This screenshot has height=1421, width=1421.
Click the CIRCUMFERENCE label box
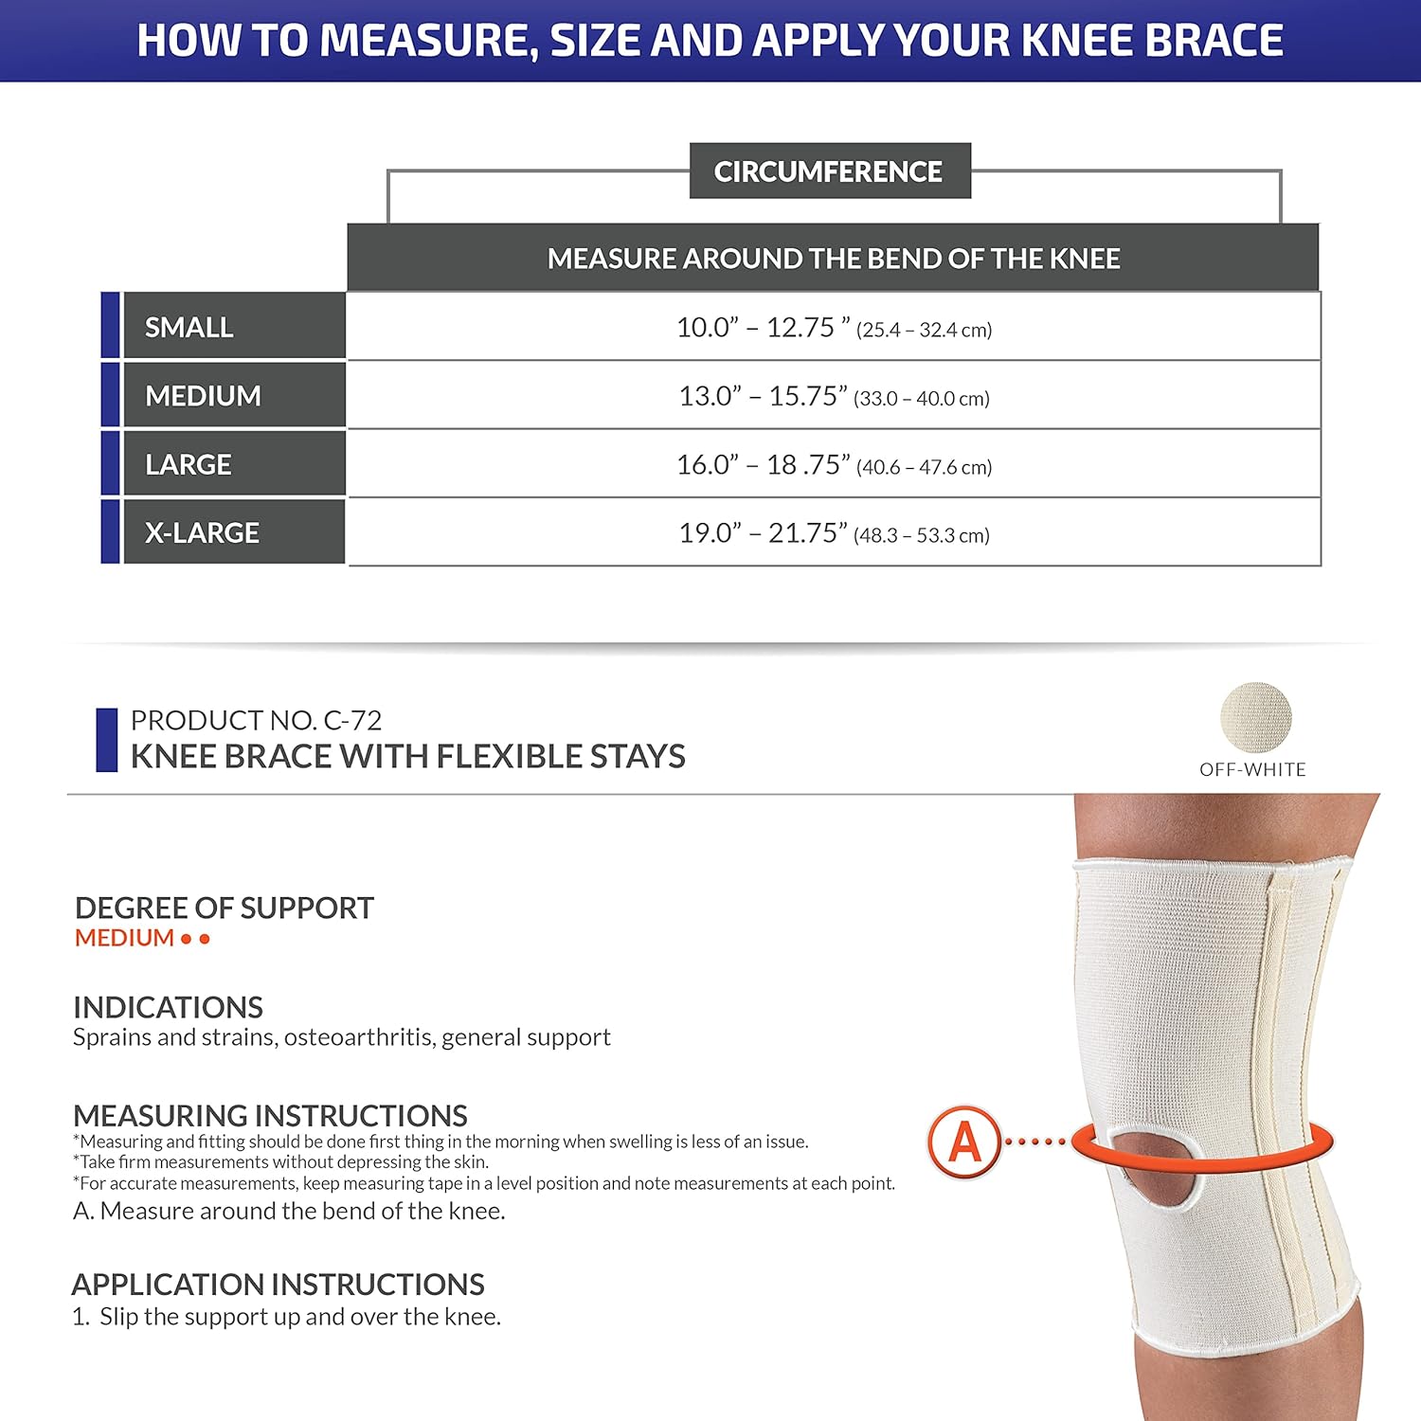(x=829, y=171)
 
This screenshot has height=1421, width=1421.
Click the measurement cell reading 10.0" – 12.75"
(x=834, y=328)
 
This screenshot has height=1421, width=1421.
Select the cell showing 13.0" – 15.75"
(x=834, y=396)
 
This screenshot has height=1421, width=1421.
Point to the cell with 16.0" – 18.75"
(x=834, y=465)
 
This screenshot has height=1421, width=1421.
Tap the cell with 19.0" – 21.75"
(x=834, y=533)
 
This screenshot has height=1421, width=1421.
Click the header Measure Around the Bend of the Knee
(x=834, y=259)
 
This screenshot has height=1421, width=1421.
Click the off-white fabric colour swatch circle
(x=1255, y=718)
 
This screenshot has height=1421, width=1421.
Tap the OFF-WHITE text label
(x=1252, y=770)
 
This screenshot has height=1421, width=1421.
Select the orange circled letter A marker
(x=964, y=1142)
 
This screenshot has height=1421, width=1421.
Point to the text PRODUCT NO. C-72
(x=256, y=721)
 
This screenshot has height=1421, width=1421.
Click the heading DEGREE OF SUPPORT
(x=225, y=908)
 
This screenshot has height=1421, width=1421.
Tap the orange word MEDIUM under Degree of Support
(x=124, y=939)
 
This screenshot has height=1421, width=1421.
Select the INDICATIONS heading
(x=168, y=1007)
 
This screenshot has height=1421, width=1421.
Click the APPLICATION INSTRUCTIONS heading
(x=278, y=1285)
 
